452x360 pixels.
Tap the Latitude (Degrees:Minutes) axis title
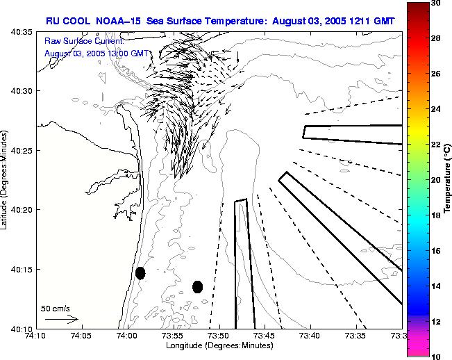point(6,180)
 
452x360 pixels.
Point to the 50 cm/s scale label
point(56,308)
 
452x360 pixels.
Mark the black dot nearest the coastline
point(140,273)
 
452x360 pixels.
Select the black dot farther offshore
point(197,286)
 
